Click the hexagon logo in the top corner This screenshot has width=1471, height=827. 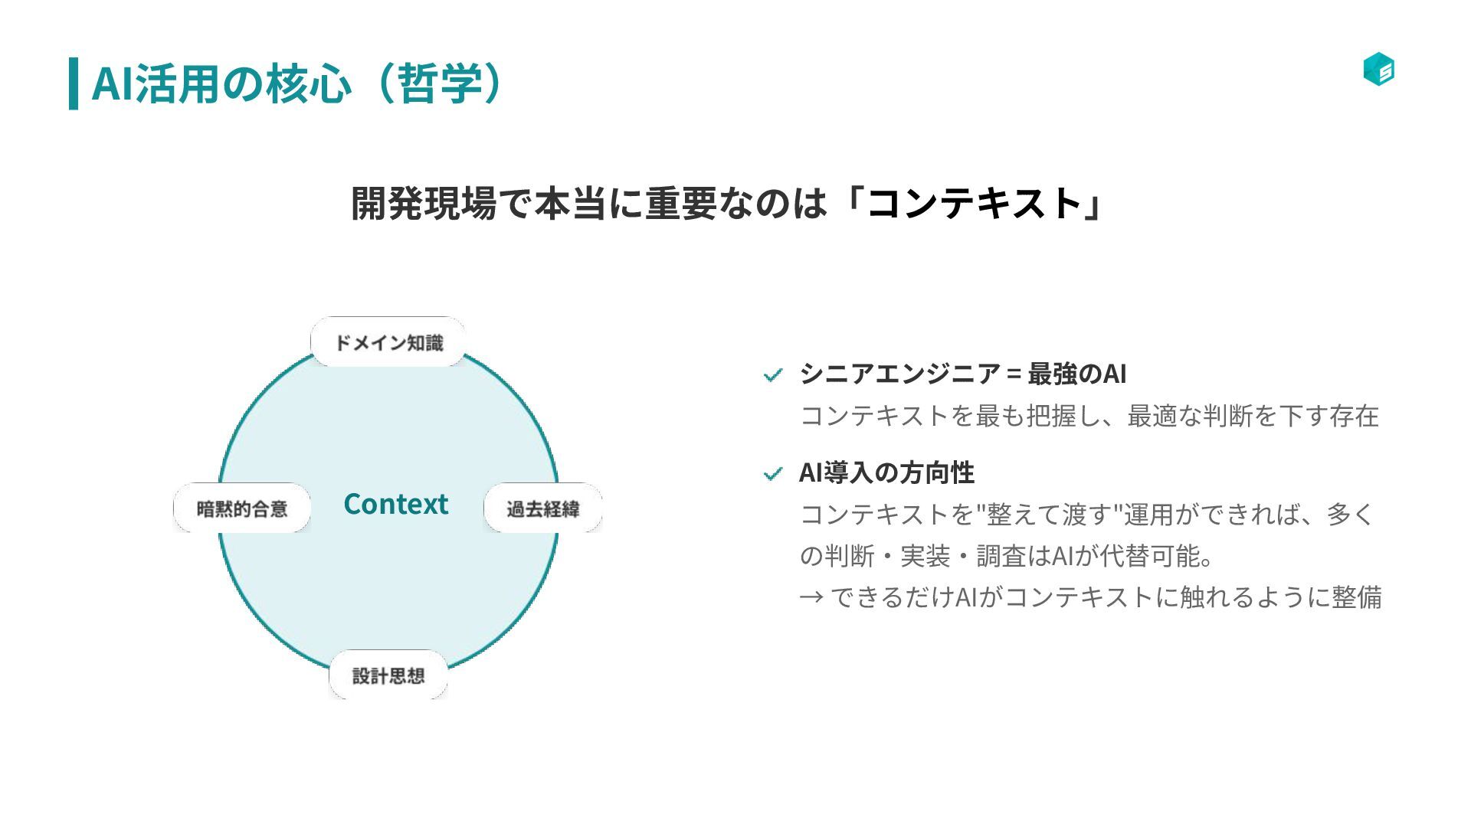click(x=1378, y=69)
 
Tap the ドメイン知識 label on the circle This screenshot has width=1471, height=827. click(x=388, y=342)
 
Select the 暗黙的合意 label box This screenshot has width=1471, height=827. click(x=242, y=508)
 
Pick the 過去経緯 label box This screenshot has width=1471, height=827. click(x=542, y=508)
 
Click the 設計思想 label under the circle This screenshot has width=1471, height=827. click(x=388, y=675)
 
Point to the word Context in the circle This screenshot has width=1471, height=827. click(x=395, y=504)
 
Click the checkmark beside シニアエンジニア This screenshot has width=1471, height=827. click(x=773, y=375)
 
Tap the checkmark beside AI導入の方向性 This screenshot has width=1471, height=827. click(x=773, y=474)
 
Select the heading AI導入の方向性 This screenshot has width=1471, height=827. click(x=886, y=472)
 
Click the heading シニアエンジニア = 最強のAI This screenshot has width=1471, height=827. click(x=962, y=374)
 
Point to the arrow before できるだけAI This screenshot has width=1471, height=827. click(x=811, y=597)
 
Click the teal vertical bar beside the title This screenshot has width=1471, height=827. click(x=74, y=83)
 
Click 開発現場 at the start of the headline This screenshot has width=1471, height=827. click(x=424, y=204)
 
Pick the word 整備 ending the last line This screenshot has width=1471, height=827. click(x=1357, y=597)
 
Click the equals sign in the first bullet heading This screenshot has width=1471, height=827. click(x=1014, y=374)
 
